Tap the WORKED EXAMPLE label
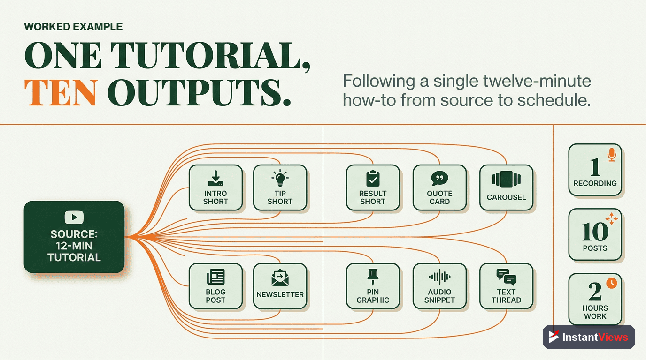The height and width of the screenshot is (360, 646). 73,27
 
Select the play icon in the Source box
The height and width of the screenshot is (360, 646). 74,217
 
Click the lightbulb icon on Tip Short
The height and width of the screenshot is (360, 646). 280,178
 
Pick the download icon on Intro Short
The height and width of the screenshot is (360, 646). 215,178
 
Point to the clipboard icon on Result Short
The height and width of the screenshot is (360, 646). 373,178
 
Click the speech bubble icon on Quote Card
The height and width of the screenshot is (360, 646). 439,179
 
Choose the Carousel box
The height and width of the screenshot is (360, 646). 506,187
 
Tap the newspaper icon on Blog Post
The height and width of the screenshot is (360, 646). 215,277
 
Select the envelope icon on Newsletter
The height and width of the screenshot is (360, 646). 280,277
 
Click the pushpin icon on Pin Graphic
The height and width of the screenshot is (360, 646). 373,277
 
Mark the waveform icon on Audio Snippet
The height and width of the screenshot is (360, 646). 439,277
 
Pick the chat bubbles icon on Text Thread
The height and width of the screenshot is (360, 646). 506,277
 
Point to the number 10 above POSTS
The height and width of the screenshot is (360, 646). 595,232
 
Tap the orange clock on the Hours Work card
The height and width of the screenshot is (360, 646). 611,283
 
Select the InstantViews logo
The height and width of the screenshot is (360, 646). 589,337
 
